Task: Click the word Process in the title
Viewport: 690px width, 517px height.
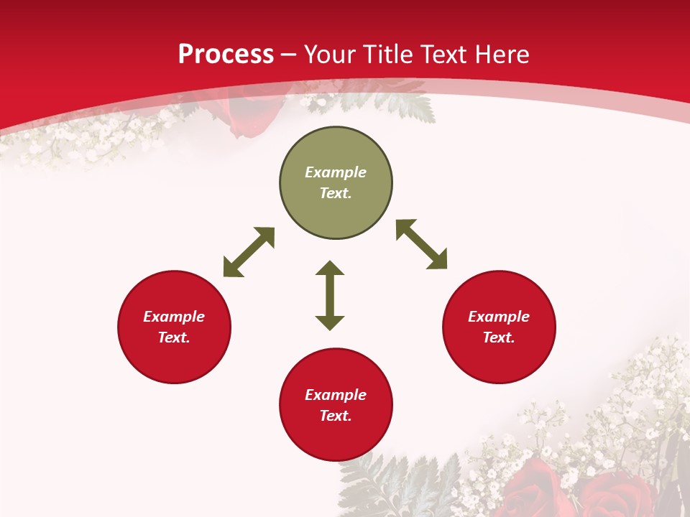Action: click(226, 55)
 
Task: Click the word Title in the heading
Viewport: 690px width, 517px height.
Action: click(390, 55)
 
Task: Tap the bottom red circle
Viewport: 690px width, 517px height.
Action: click(336, 438)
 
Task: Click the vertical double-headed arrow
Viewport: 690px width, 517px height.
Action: click(330, 295)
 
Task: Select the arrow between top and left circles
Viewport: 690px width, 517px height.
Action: click(249, 252)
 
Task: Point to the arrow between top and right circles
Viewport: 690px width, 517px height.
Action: click(421, 244)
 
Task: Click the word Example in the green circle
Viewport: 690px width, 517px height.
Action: click(336, 172)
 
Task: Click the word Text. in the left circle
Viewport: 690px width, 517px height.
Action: click(174, 337)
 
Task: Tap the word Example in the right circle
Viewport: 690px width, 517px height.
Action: click(499, 317)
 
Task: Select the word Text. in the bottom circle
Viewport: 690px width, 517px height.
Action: click(336, 416)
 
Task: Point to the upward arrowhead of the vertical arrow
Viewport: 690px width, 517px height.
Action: click(330, 269)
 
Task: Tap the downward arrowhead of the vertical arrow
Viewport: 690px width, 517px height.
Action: click(330, 322)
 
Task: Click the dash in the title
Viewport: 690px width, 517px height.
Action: click(289, 55)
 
